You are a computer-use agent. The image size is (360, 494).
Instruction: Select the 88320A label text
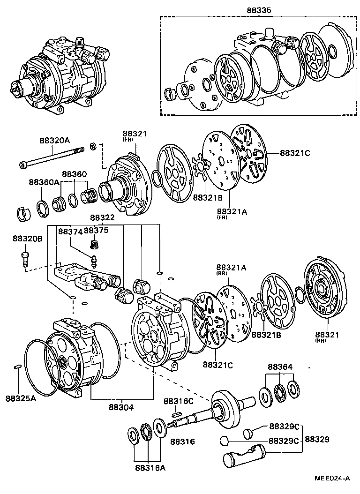[54, 140]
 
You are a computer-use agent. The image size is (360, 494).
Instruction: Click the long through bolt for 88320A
[52, 157]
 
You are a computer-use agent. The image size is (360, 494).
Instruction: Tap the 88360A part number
[44, 182]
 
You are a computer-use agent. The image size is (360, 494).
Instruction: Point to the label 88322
[103, 218]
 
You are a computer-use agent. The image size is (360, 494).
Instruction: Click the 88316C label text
[178, 402]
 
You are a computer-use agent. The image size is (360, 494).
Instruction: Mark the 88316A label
[150, 467]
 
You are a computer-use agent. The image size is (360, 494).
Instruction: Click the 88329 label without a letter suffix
[317, 440]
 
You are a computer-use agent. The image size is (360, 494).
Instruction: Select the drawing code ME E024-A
[332, 479]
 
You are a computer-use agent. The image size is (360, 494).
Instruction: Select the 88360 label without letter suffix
[75, 174]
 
